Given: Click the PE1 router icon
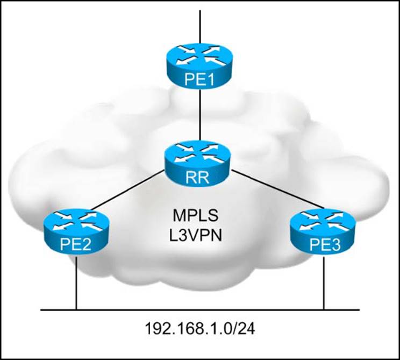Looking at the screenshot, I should (x=200, y=65).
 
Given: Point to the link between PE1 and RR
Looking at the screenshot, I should (x=200, y=116).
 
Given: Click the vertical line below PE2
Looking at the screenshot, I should (x=76, y=283).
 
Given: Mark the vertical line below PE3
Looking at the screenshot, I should (x=324, y=283).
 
